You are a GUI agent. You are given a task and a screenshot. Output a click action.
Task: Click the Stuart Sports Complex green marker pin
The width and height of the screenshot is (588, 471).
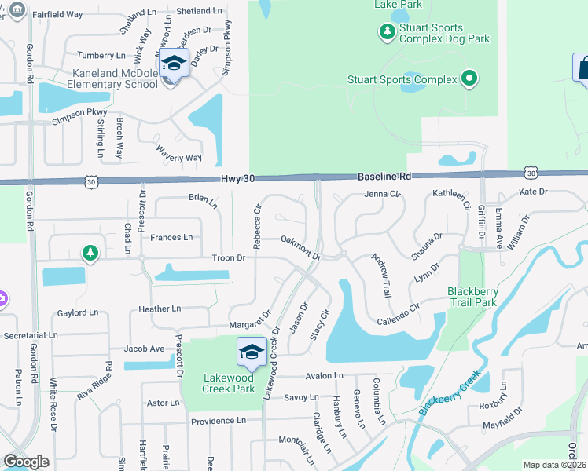469,78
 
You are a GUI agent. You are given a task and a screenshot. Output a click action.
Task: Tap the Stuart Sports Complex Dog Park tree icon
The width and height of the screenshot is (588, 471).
387,32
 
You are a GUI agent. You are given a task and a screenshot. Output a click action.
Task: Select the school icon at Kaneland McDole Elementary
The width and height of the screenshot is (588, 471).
174,64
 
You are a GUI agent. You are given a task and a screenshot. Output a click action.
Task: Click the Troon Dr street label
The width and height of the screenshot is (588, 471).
229,257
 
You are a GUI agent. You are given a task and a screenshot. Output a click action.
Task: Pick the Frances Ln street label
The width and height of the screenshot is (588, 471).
171,237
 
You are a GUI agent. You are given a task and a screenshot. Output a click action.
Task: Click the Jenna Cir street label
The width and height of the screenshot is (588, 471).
383,194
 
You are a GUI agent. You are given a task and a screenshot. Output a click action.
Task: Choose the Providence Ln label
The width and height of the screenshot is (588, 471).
219,421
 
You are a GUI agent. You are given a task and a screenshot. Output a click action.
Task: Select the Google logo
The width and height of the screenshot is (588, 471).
26,462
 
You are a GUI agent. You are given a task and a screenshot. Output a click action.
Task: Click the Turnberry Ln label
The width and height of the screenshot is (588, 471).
101,56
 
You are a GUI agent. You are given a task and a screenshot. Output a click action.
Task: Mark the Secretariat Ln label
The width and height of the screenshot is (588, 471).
31,334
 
